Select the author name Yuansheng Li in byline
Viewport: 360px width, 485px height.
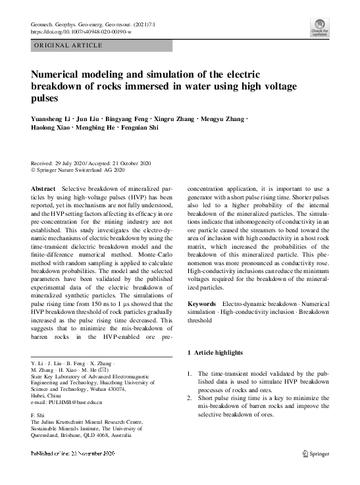click(49, 118)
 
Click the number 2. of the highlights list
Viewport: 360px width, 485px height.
click(190, 397)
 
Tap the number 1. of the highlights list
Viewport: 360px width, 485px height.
click(190, 374)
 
